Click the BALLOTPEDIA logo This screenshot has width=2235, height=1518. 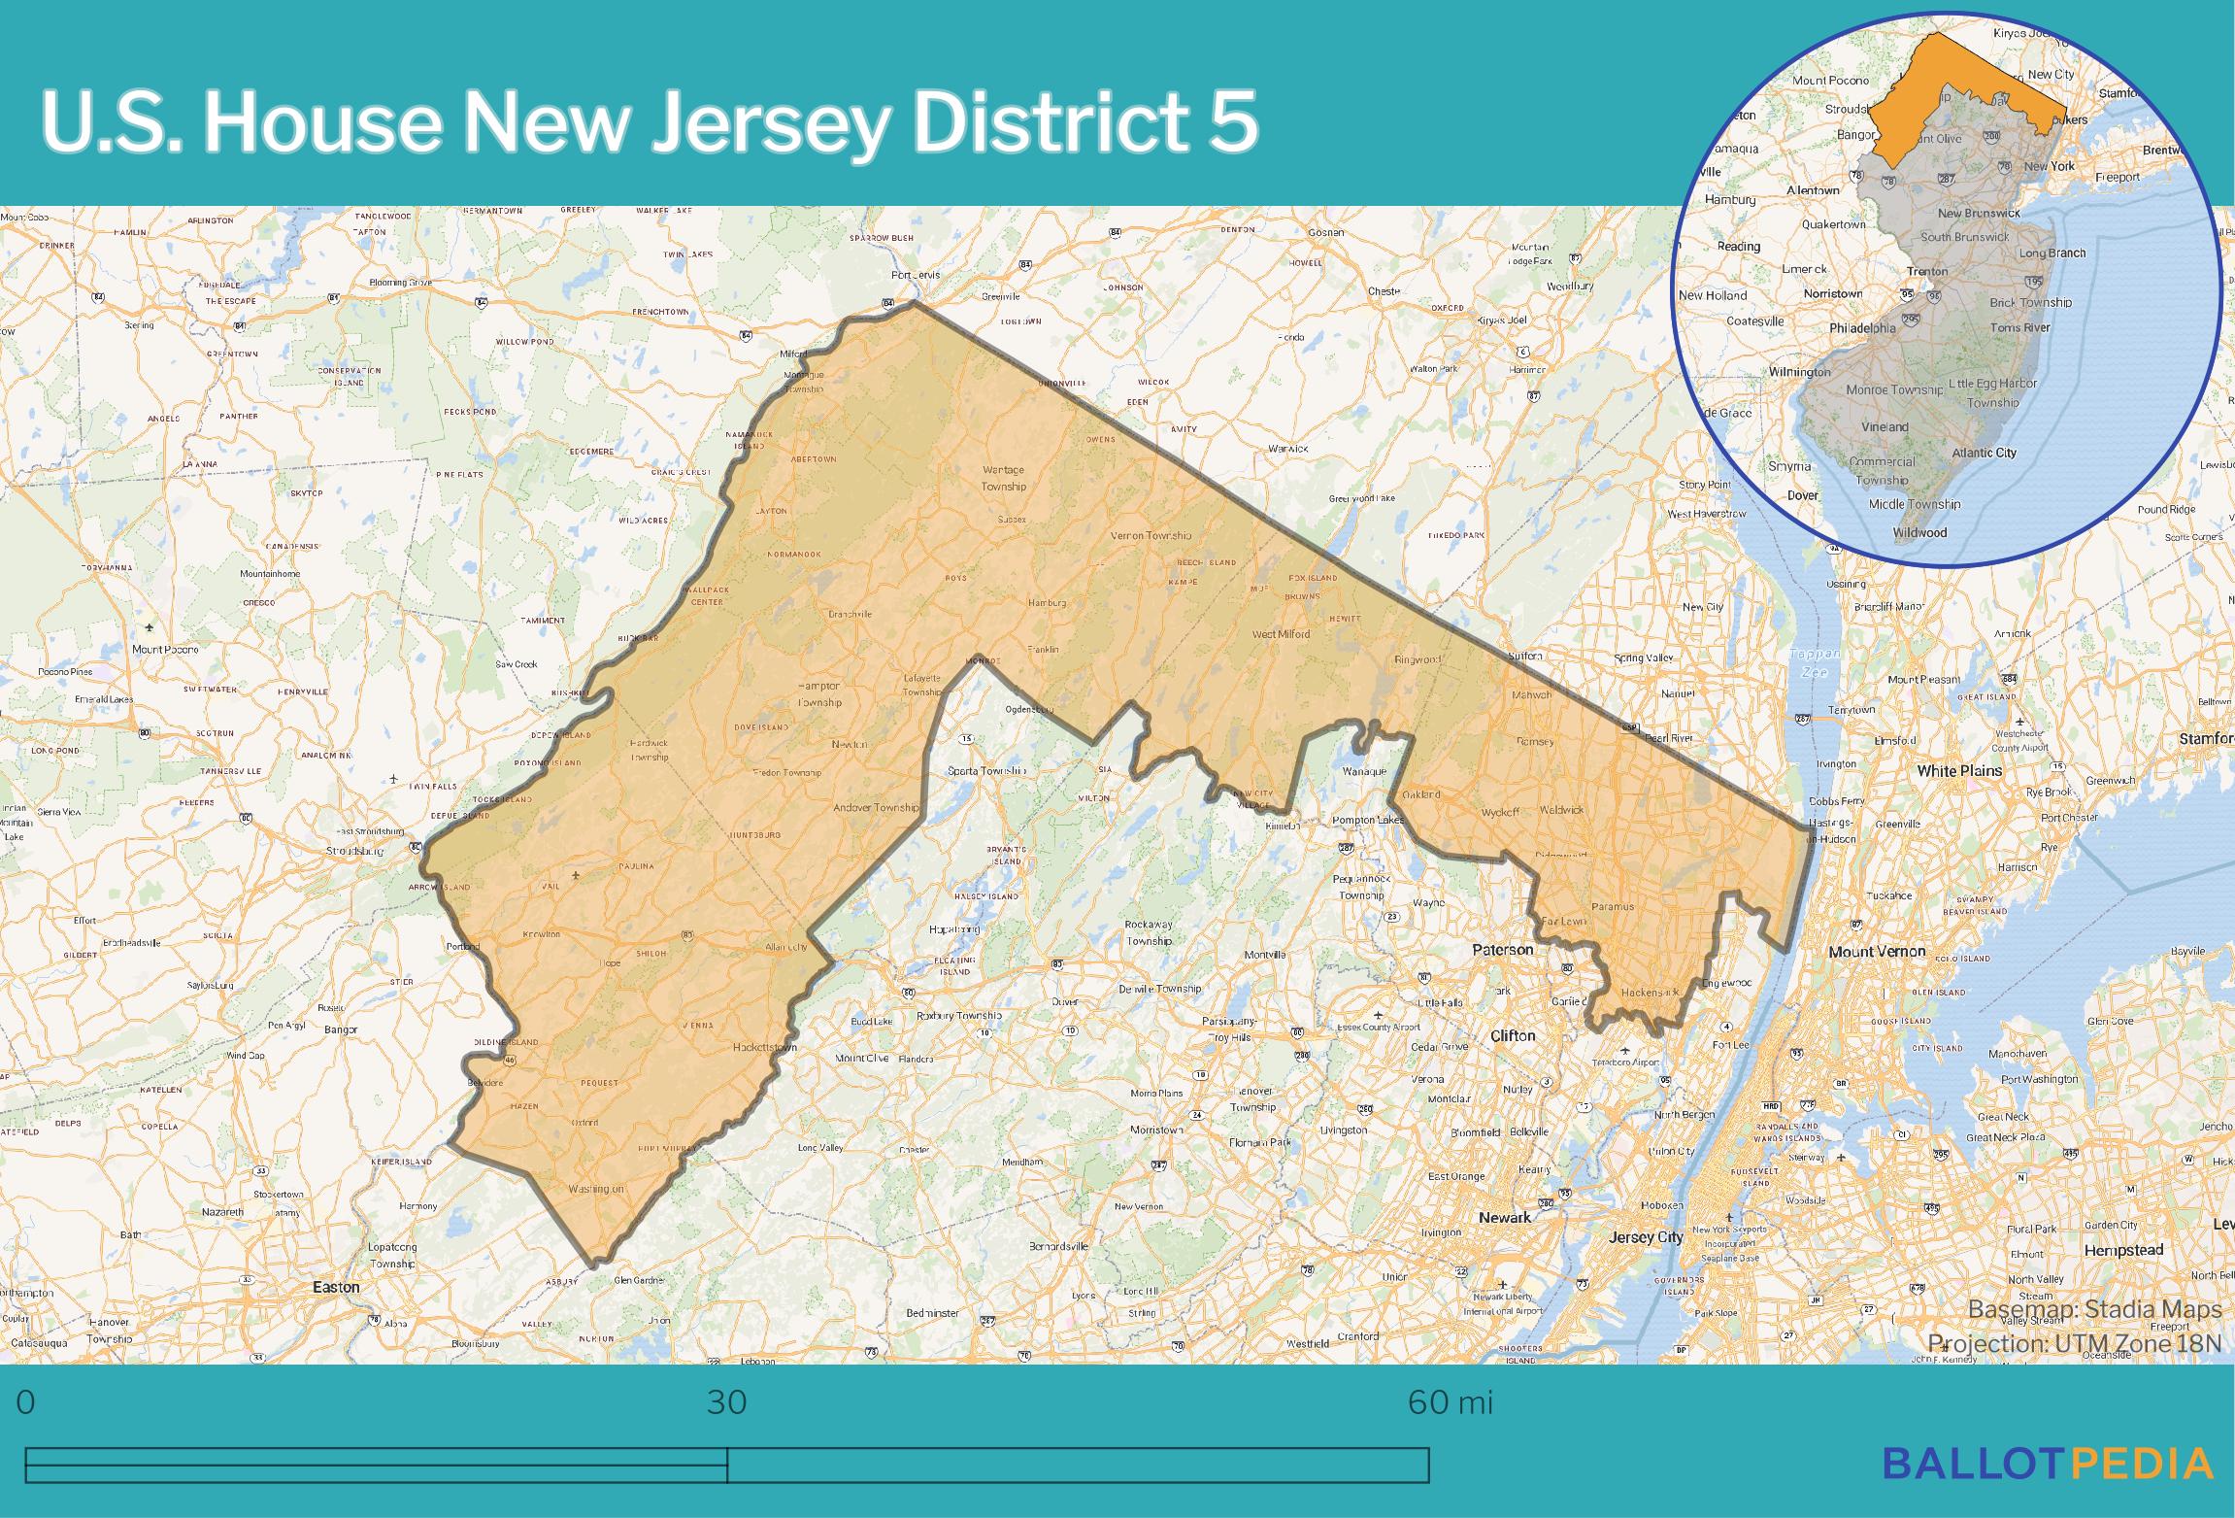[x=2048, y=1462]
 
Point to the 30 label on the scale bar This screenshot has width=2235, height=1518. [x=726, y=1402]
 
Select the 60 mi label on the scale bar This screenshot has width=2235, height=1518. [x=1450, y=1402]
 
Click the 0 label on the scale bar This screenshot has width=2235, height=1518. [x=26, y=1402]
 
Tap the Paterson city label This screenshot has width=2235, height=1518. [x=1503, y=949]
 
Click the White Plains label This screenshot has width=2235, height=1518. [x=1959, y=770]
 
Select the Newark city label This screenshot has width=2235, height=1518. [x=1505, y=1217]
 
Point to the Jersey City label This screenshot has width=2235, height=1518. [x=1646, y=1237]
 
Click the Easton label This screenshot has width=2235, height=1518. [x=336, y=1287]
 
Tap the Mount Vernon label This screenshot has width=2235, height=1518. [x=1877, y=952]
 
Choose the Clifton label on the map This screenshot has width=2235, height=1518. [x=1513, y=1035]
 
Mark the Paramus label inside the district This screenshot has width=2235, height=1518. [x=1613, y=906]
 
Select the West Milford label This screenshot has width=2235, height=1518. [x=1281, y=634]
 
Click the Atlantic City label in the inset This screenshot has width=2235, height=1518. [x=1985, y=453]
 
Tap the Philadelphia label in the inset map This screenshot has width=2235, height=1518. [x=1862, y=328]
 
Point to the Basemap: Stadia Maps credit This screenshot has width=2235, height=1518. [x=2094, y=1310]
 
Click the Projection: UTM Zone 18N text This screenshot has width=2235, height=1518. [x=2074, y=1343]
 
